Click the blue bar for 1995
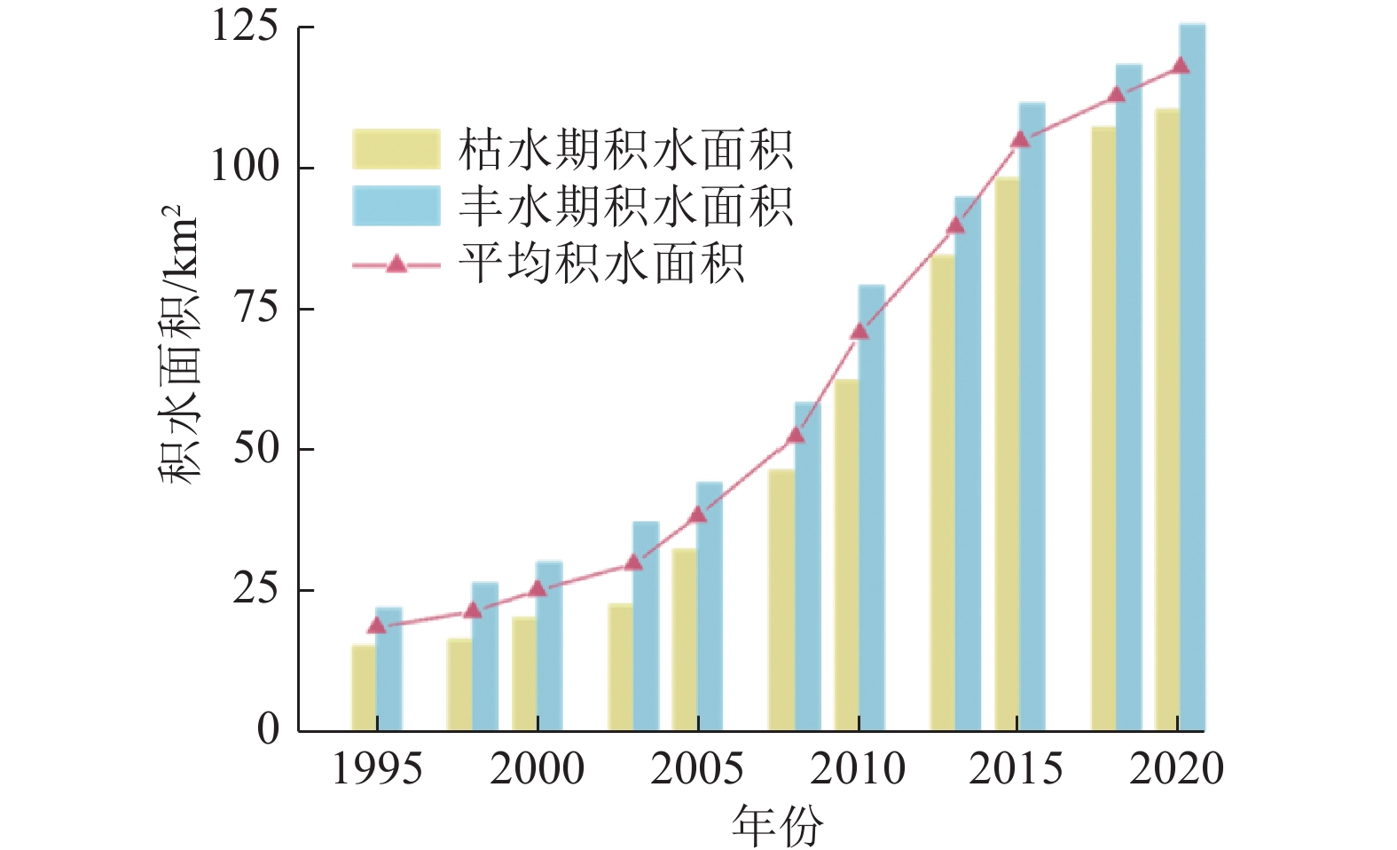pos(388,670)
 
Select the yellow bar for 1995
pos(364,688)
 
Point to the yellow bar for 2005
pos(684,640)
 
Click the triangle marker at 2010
pos(859,332)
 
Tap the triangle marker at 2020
pos(1180,66)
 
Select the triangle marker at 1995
pos(377,626)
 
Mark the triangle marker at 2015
pos(1019,139)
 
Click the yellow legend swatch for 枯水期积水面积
pos(396,149)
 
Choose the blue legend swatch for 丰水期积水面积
pos(396,206)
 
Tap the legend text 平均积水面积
pos(601,264)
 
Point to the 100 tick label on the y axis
pos(244,167)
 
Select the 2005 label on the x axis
pos(697,769)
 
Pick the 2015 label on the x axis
pos(1016,769)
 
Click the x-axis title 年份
pos(777,825)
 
